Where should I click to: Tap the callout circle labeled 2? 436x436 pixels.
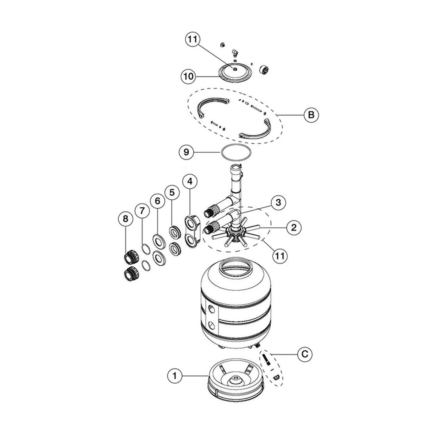click(293, 227)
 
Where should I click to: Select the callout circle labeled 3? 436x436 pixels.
click(278, 202)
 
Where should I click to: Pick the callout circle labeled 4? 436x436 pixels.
click(190, 181)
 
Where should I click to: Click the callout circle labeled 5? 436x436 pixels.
click(172, 192)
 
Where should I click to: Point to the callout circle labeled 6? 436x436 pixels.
click(158, 201)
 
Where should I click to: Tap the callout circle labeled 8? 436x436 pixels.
click(125, 219)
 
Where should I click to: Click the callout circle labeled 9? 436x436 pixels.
click(186, 152)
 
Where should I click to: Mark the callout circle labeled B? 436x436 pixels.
click(311, 115)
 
